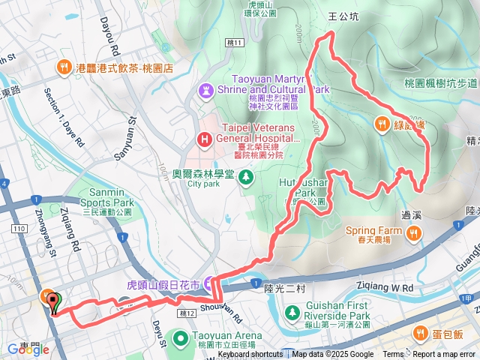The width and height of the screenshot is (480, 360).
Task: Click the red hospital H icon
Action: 203,139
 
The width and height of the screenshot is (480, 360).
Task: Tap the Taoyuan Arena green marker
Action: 181,338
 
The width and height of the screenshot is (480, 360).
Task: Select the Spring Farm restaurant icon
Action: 412,235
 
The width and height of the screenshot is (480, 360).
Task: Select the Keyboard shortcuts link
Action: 250,355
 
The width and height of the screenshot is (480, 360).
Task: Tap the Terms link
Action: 393,355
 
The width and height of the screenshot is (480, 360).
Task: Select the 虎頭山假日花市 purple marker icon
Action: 207,285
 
